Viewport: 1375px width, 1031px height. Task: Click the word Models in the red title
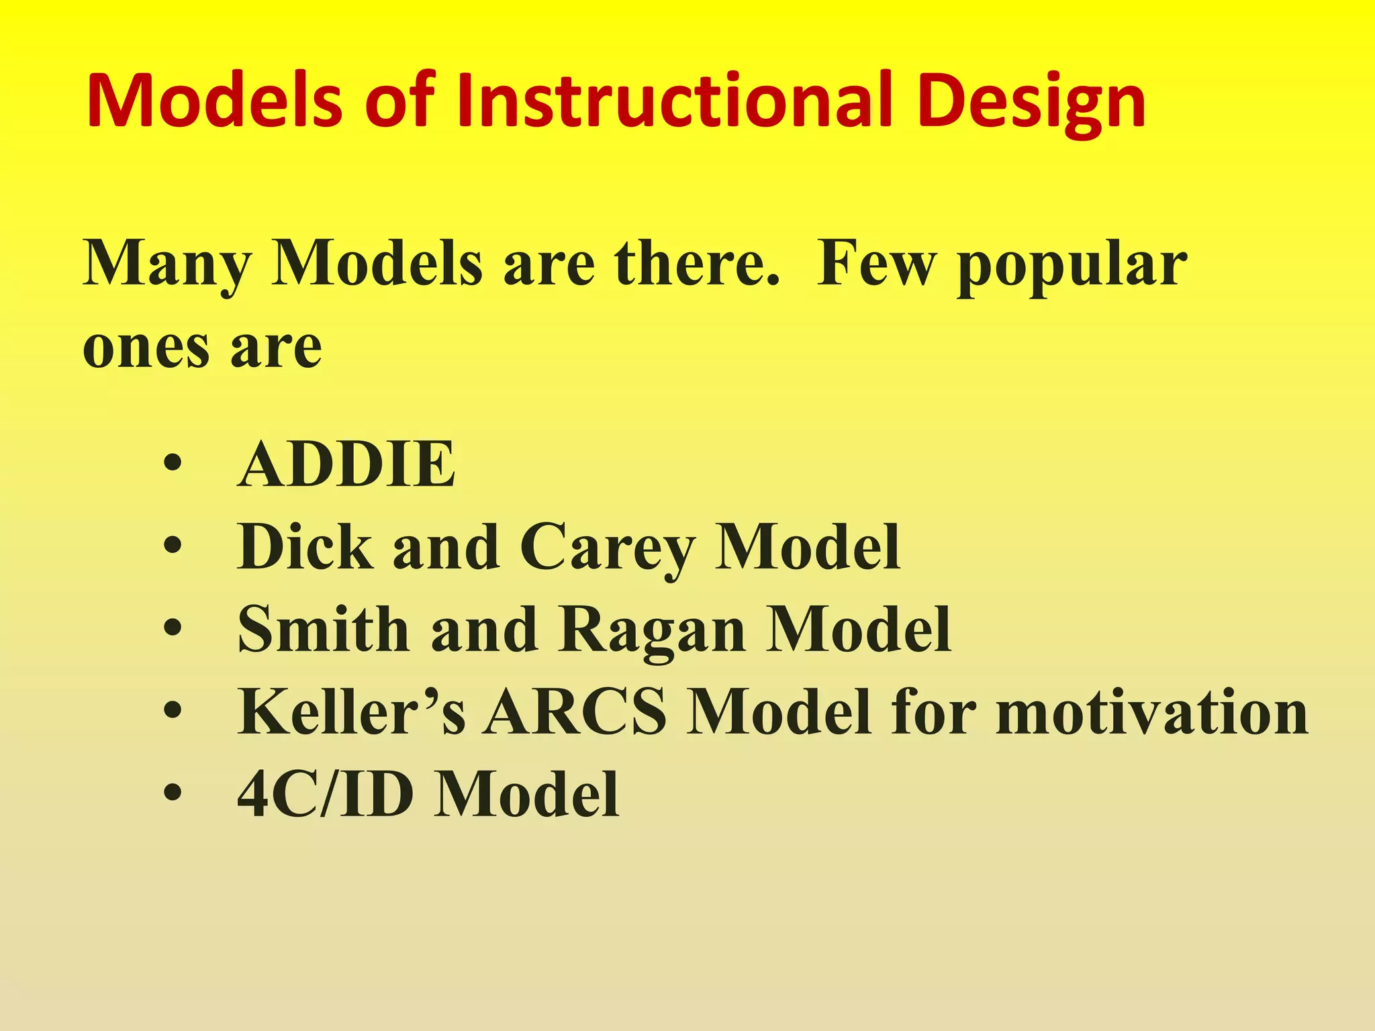pyautogui.click(x=215, y=102)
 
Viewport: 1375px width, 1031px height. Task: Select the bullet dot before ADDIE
pyautogui.click(x=173, y=464)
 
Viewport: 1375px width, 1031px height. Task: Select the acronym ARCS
pyautogui.click(x=576, y=711)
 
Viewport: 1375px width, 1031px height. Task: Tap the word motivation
pyautogui.click(x=1151, y=711)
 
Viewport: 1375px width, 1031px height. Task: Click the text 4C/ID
pyautogui.click(x=326, y=794)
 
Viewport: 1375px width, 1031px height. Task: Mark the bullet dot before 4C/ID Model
pyautogui.click(x=173, y=794)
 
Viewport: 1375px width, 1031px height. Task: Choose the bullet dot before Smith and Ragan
pyautogui.click(x=173, y=629)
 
